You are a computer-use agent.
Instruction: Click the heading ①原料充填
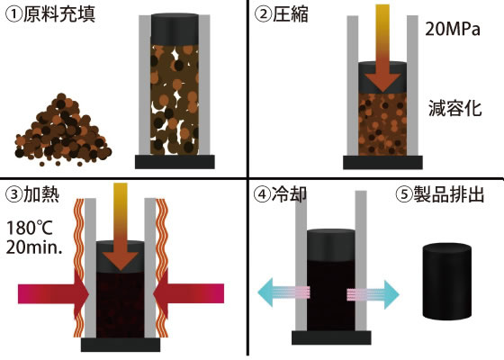tap(50, 14)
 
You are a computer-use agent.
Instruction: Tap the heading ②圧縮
tap(281, 14)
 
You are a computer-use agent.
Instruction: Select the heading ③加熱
tap(32, 194)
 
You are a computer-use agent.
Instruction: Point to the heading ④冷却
tap(280, 194)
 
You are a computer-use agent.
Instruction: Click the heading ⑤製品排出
tap(440, 194)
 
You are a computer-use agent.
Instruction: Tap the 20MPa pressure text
tap(453, 29)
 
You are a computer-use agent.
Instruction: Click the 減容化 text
tap(455, 108)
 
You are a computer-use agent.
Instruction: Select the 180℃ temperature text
tap(29, 228)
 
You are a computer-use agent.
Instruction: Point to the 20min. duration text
tap(34, 247)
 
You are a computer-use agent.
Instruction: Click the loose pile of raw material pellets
tap(63, 130)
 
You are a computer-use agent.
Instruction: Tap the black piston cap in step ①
tap(175, 29)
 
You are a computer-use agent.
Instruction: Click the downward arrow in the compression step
tap(382, 49)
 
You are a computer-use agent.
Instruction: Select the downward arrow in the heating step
tap(121, 226)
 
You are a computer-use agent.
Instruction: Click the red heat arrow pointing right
tap(53, 293)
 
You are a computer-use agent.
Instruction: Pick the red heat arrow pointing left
tap(189, 293)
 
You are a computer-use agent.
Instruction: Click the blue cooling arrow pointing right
tap(373, 293)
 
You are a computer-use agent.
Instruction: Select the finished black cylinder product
tap(446, 283)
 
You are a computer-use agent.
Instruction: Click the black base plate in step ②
tap(382, 162)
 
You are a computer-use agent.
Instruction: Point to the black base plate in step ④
tap(331, 337)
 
